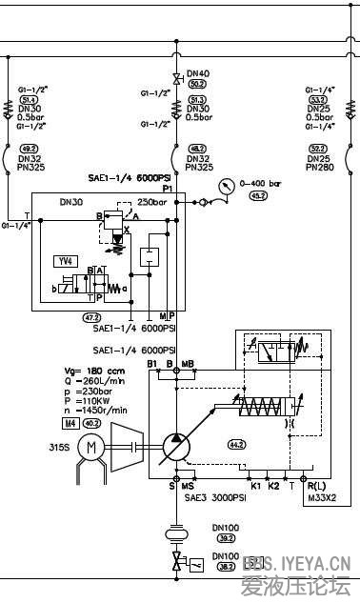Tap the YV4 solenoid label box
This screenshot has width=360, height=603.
(65, 258)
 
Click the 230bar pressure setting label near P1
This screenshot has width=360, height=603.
(151, 202)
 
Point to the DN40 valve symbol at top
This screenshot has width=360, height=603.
(175, 77)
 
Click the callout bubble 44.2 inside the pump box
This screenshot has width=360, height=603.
(236, 445)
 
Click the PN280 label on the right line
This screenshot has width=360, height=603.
(319, 167)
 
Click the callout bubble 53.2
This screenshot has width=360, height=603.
(318, 98)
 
